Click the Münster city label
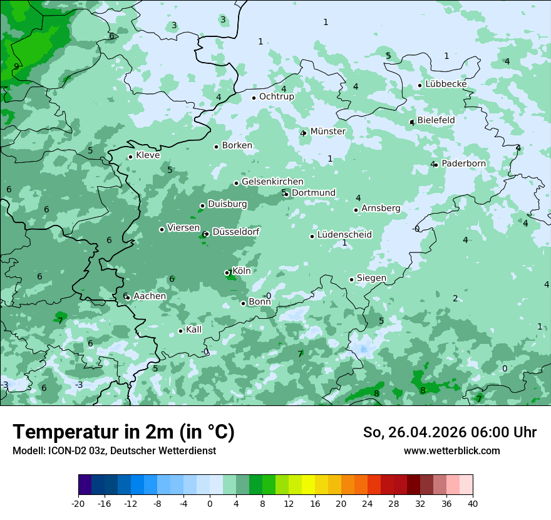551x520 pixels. coord(328,132)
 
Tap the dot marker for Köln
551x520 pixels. coord(227,273)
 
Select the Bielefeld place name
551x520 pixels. coord(436,120)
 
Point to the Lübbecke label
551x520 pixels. coord(446,84)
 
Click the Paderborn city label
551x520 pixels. coord(463,164)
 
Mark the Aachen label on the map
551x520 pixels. coord(150,296)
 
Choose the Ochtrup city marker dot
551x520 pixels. coord(254,97)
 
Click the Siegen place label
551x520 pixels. coord(371,278)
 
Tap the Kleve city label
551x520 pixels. coord(148,155)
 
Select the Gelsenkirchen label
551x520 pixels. coord(272,182)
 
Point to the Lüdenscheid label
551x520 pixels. coord(344,235)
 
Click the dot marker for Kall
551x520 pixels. coord(181,331)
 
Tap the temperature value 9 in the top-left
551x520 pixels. coord(16,66)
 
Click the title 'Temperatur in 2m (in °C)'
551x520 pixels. coord(123,432)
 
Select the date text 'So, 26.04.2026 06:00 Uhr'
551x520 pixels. coord(450,432)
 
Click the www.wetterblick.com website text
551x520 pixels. coord(451,451)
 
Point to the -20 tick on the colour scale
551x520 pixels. coord(78,503)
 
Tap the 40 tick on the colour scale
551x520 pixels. coord(473,503)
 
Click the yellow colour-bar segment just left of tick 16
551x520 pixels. coord(308,485)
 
